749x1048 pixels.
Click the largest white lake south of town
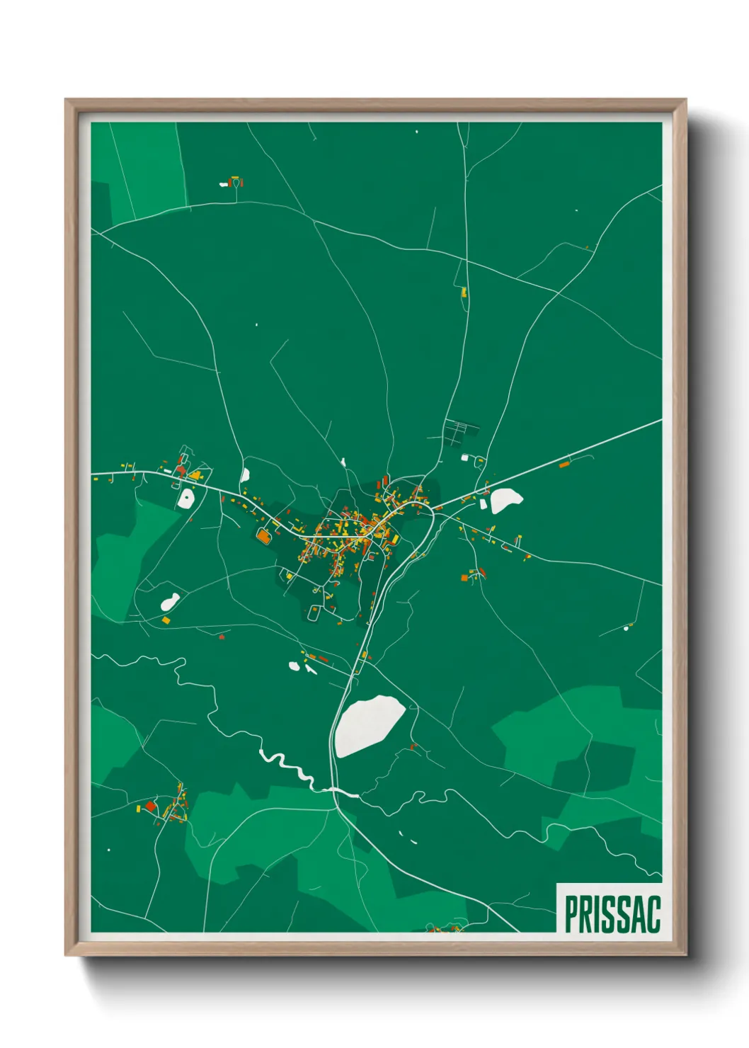click(x=369, y=724)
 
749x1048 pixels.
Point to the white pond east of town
click(x=505, y=499)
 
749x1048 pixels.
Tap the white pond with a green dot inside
click(x=186, y=499)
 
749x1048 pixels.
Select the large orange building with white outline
click(x=263, y=536)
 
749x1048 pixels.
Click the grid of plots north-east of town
click(x=459, y=431)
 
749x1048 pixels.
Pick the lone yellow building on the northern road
click(x=464, y=291)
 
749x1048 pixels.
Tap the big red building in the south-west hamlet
click(x=150, y=806)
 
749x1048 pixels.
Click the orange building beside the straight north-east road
click(x=564, y=465)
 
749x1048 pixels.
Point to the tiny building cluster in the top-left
click(x=233, y=183)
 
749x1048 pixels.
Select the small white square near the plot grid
click(x=465, y=457)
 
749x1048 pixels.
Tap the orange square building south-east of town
click(x=464, y=578)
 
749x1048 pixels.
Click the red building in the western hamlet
click(x=181, y=469)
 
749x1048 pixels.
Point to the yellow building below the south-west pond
click(x=166, y=620)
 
